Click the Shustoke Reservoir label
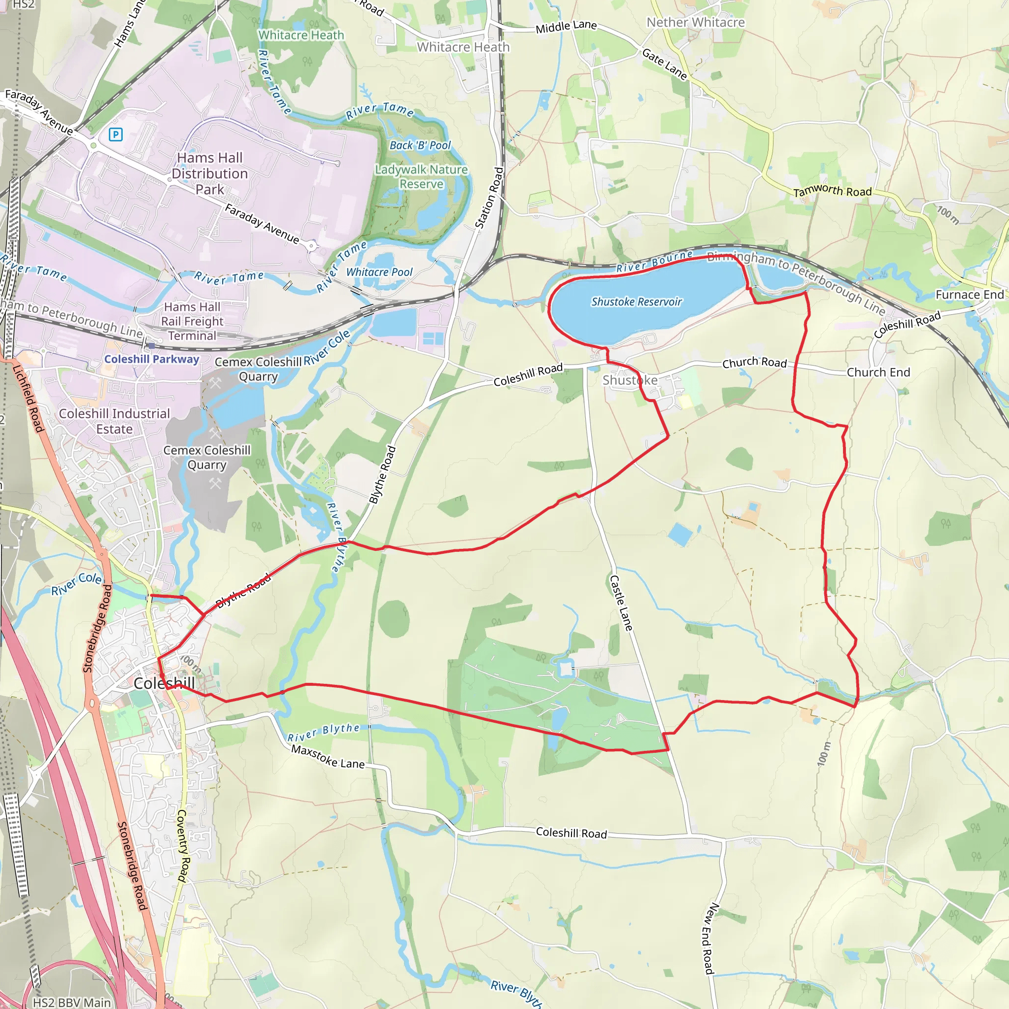tap(636, 302)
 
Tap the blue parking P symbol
tap(115, 135)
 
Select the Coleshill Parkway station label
tap(151, 359)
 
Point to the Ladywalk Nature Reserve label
tap(421, 176)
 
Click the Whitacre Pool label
tap(379, 272)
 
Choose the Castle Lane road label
tap(621, 603)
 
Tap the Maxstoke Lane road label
tap(328, 756)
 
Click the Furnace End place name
tap(969, 295)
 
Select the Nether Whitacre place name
tap(695, 23)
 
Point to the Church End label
tap(878, 372)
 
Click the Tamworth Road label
tap(833, 191)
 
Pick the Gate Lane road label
tap(664, 64)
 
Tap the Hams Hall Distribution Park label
tap(209, 173)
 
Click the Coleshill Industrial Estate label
tap(114, 421)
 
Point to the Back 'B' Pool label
tap(420, 146)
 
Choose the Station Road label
tap(489, 198)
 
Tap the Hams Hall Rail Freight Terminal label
tap(192, 321)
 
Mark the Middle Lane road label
tap(566, 26)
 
